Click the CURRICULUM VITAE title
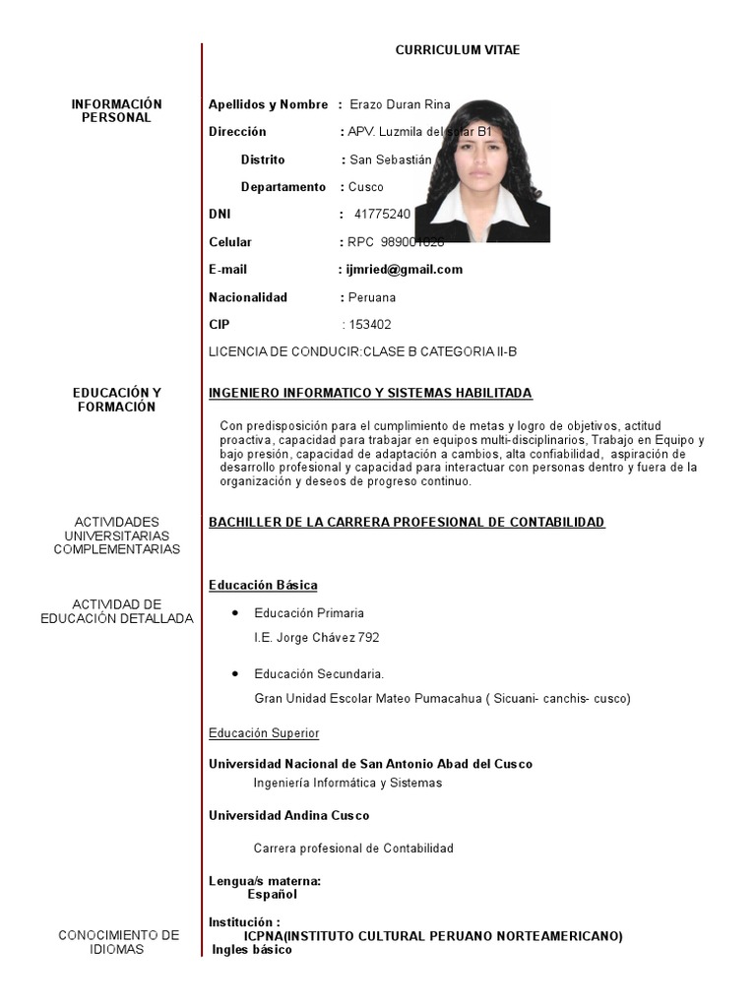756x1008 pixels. (458, 50)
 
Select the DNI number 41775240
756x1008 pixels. (382, 215)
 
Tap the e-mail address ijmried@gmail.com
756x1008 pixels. (404, 270)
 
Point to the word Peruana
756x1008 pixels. (372, 297)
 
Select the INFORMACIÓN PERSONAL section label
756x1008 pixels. (116, 111)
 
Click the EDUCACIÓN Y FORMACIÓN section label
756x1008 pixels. (116, 401)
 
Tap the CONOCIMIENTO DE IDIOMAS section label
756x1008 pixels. (118, 942)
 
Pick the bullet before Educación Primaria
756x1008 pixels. (234, 612)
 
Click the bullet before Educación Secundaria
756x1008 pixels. (234, 673)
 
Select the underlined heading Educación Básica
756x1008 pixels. (263, 586)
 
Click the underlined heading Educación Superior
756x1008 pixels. (264, 733)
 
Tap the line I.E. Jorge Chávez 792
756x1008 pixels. (316, 638)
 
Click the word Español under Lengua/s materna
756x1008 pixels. (272, 895)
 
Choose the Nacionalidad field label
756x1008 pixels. (248, 297)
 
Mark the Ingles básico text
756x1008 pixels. (252, 951)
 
